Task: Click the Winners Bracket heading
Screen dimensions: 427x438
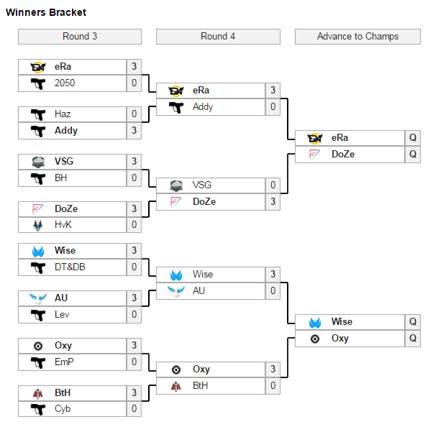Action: click(46, 13)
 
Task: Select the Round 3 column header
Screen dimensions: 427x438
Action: click(80, 37)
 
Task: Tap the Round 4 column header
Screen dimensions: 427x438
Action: click(218, 37)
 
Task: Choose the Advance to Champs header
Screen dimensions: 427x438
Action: click(357, 37)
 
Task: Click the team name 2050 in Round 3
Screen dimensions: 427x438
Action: click(65, 83)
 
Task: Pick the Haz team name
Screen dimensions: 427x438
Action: click(63, 114)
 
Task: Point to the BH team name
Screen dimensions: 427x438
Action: click(60, 178)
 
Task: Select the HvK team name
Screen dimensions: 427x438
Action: click(63, 225)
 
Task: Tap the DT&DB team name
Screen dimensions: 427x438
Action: click(70, 267)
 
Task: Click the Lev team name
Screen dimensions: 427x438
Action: click(63, 314)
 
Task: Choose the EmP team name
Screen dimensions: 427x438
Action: click(64, 362)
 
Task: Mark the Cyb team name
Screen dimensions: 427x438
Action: click(63, 409)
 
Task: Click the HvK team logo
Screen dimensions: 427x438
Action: click(38, 225)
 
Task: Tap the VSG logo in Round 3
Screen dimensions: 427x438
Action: click(38, 162)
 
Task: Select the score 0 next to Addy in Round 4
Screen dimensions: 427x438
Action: click(273, 107)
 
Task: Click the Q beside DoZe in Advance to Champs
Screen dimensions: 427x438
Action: click(413, 154)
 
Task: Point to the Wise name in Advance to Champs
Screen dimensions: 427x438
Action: click(342, 322)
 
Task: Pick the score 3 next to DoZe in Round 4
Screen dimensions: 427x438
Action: click(273, 202)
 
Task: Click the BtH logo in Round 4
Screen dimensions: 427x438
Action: click(176, 386)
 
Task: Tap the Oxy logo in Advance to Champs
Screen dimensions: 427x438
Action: click(314, 339)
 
